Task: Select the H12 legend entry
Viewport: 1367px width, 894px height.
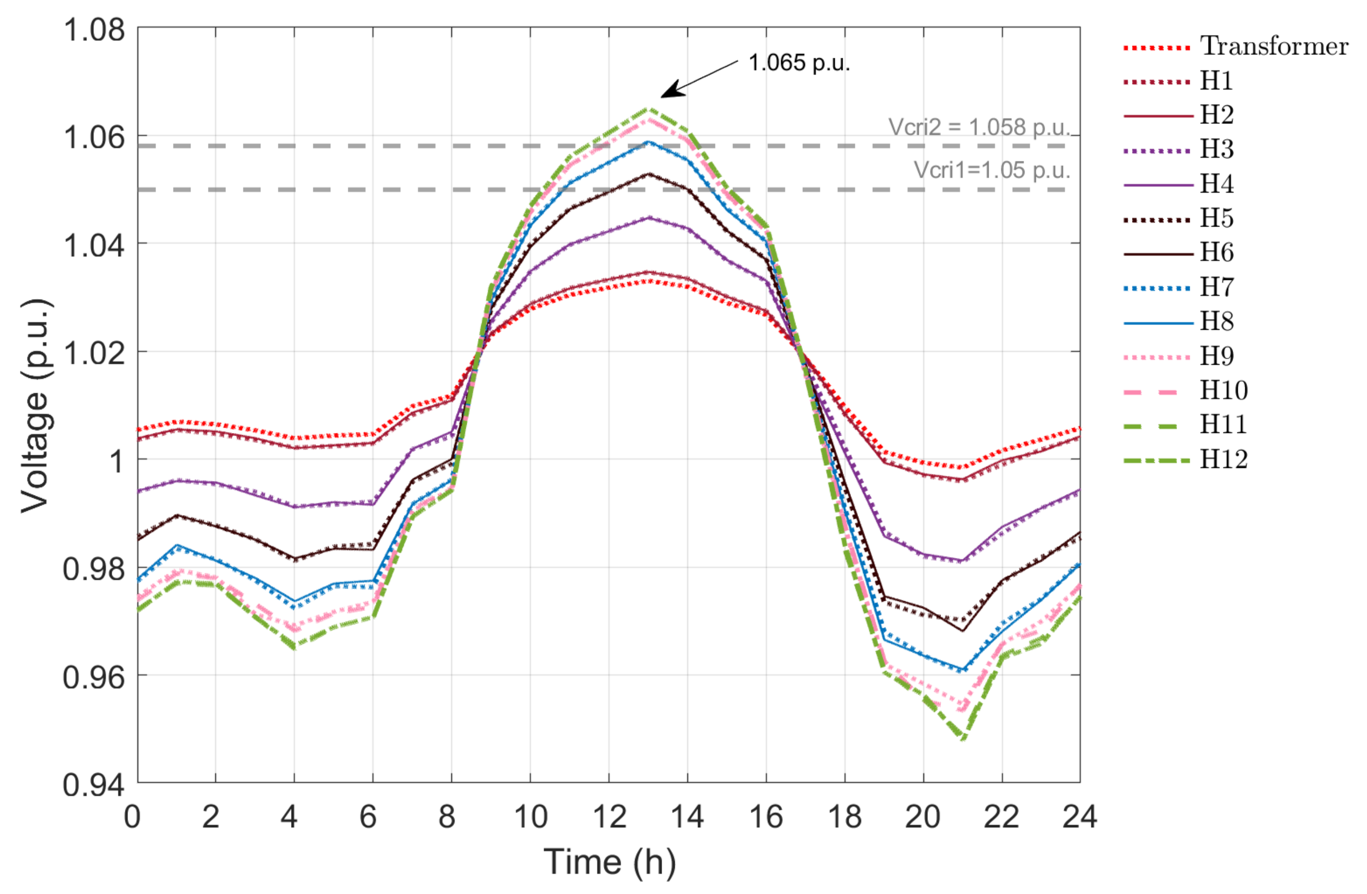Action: [x=1224, y=459]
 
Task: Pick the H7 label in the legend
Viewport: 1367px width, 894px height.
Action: [x=1217, y=287]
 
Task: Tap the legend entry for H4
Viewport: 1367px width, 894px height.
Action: [x=1217, y=184]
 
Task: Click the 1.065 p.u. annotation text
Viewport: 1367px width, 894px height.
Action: [x=799, y=62]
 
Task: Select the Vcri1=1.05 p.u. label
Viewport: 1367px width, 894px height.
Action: [x=991, y=170]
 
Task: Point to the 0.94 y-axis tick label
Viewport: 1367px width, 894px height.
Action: [x=94, y=784]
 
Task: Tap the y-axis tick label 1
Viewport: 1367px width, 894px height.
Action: [x=117, y=460]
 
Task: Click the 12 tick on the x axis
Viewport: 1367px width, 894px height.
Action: [x=609, y=816]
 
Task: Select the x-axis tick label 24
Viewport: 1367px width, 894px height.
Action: [x=1080, y=816]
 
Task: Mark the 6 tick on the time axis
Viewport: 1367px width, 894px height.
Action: [x=368, y=816]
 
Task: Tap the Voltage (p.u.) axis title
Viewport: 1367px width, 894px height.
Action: [x=35, y=405]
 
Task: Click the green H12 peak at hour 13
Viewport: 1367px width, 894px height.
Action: [x=648, y=108]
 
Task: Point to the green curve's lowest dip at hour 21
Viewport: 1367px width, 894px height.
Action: [x=963, y=738]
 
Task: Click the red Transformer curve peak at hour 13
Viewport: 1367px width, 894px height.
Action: [x=648, y=281]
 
